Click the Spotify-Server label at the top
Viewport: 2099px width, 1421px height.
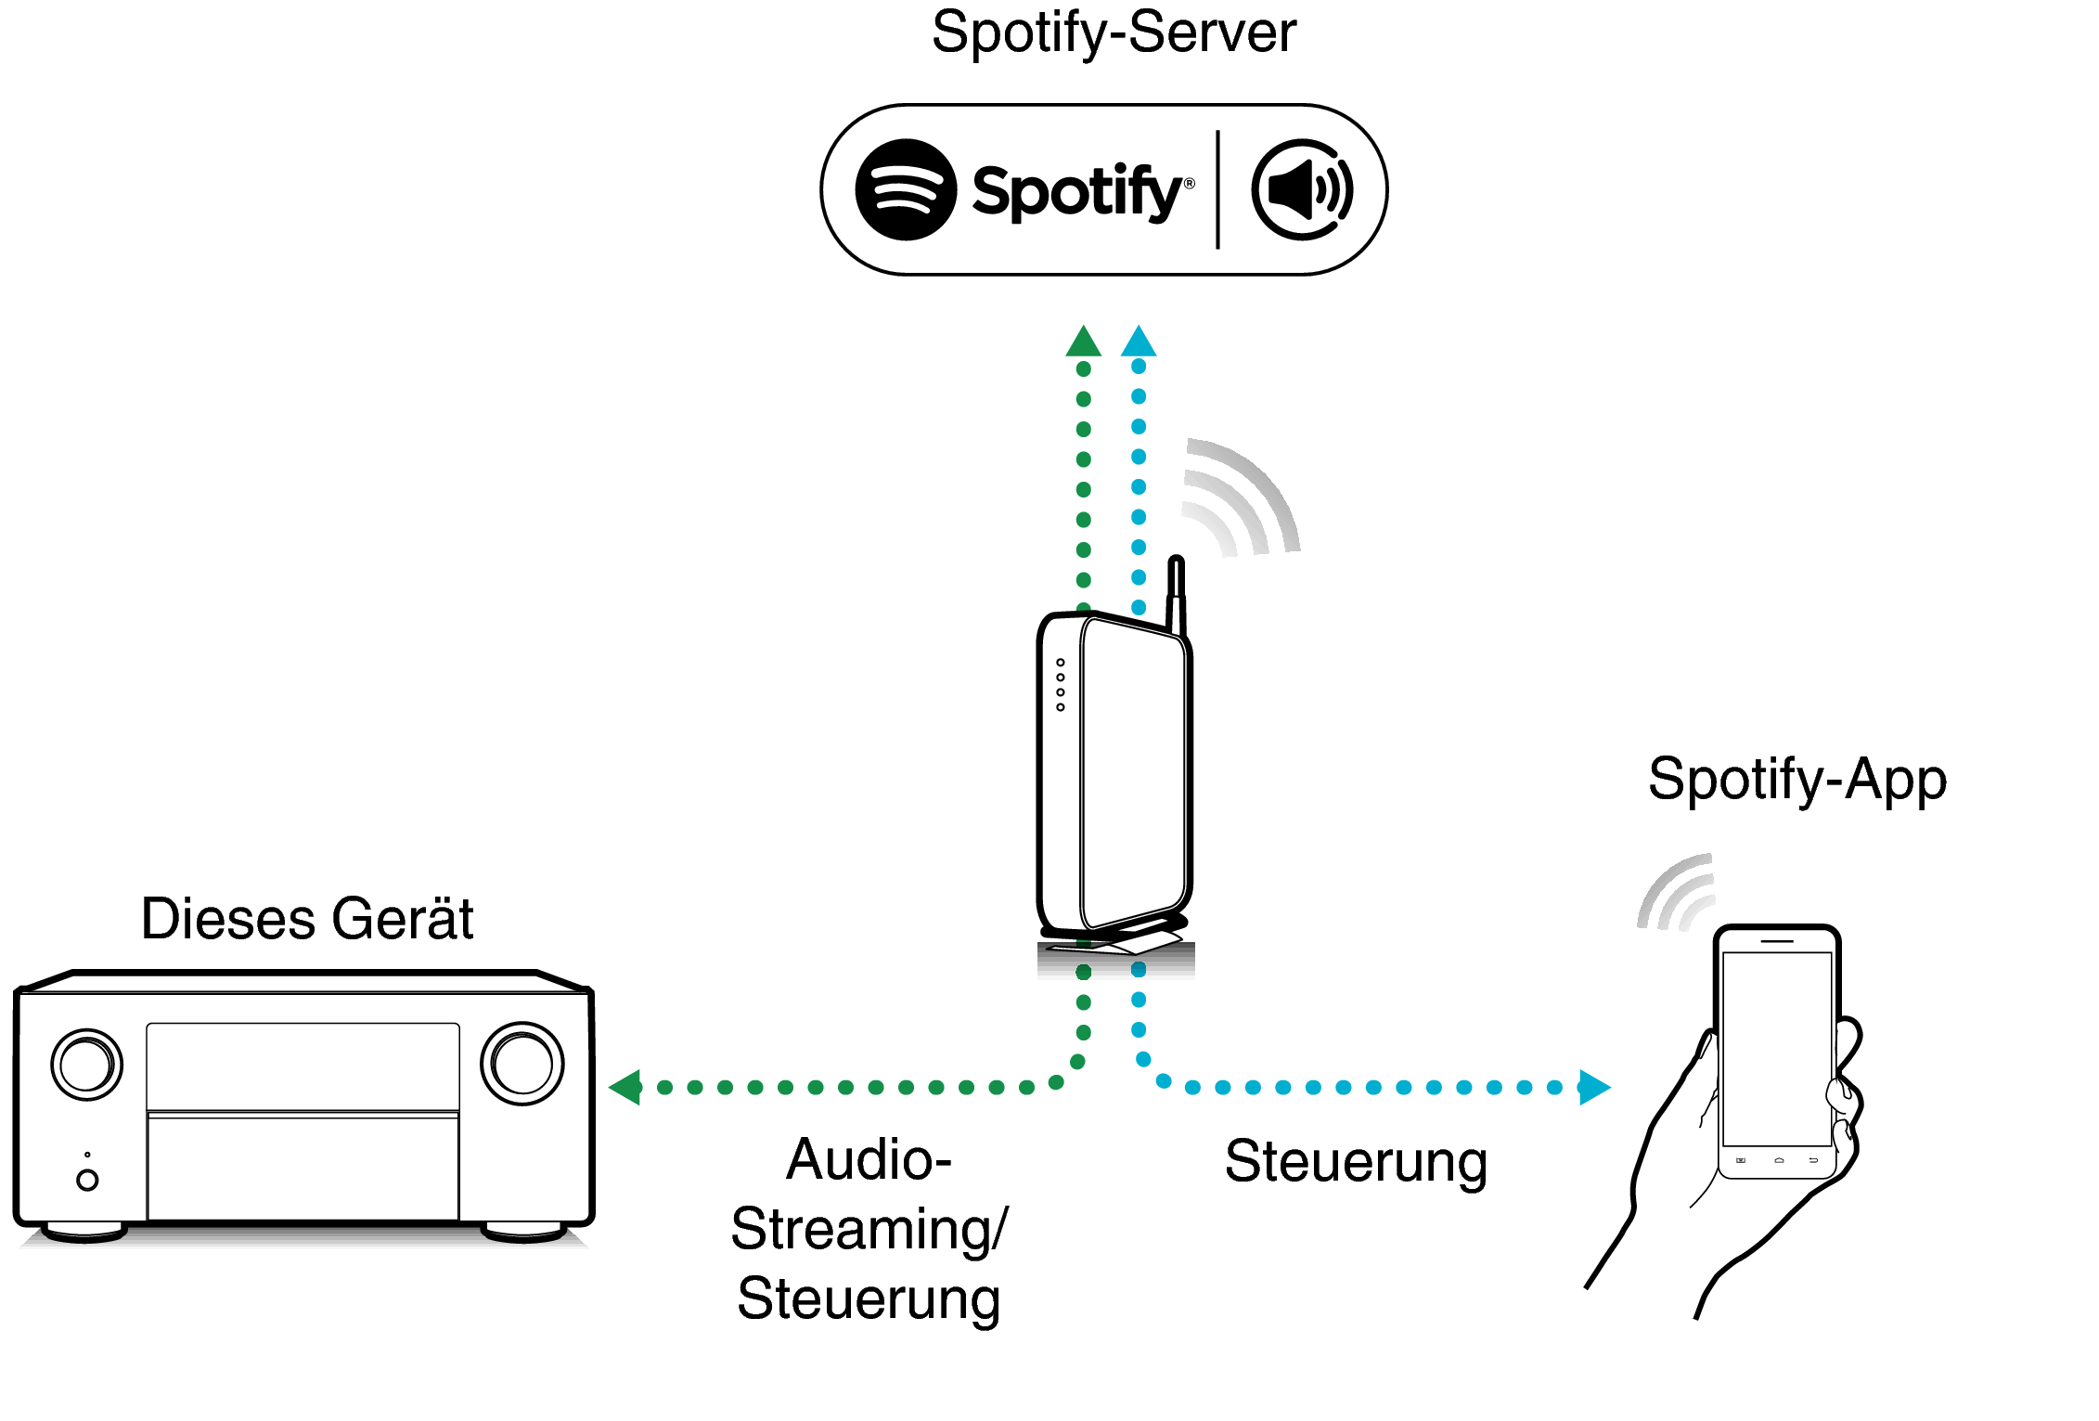pos(1113,33)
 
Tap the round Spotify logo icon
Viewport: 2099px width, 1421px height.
pos(905,189)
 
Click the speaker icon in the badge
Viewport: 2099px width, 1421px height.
pos(1302,189)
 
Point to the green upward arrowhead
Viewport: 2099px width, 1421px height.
pos(1083,342)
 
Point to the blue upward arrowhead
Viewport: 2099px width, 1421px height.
pos(1139,342)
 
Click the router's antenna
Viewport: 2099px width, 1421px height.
pos(1176,594)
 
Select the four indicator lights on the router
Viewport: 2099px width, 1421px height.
pos(1061,685)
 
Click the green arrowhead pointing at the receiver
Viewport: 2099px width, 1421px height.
pos(626,1087)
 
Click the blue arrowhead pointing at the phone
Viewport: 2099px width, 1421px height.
pos(1593,1087)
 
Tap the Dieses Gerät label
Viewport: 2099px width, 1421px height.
pos(307,919)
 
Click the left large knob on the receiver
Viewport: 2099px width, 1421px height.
pos(86,1064)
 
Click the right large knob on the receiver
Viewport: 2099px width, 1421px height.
pos(522,1064)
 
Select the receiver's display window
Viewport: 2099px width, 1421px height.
pos(303,1066)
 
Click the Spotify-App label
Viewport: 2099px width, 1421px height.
pos(1796,780)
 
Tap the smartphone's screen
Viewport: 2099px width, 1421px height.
pos(1776,1049)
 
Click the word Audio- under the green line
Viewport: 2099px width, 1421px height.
pos(869,1160)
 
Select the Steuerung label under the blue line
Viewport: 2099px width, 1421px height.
pos(1355,1162)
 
